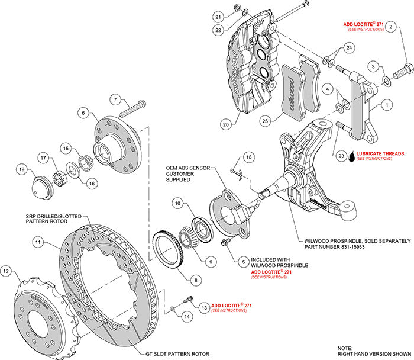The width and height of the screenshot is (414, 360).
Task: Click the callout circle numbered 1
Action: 388,105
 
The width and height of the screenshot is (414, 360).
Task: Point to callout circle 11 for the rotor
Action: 37,243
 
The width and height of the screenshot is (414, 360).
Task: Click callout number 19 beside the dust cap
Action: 22,169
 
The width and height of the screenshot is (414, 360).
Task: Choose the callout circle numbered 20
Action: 226,124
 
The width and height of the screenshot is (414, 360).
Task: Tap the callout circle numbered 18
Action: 248,156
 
